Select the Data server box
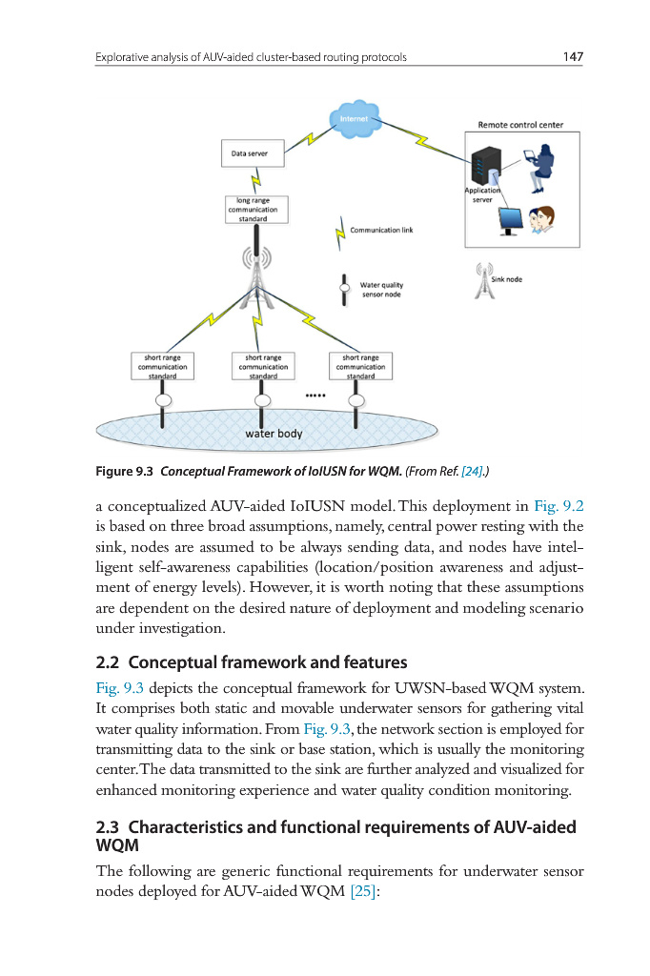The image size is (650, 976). click(x=250, y=152)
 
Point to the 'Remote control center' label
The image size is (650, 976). click(x=520, y=125)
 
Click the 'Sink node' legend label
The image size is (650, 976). click(x=506, y=279)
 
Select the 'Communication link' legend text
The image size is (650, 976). click(x=381, y=230)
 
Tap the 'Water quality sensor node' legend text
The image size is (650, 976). click(x=380, y=290)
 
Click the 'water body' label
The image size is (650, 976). click(x=274, y=434)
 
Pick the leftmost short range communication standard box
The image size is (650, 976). click(x=162, y=367)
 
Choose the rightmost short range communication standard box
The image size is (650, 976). click(x=360, y=367)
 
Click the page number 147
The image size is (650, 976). click(x=572, y=57)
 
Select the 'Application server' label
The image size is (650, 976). click(x=481, y=194)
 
